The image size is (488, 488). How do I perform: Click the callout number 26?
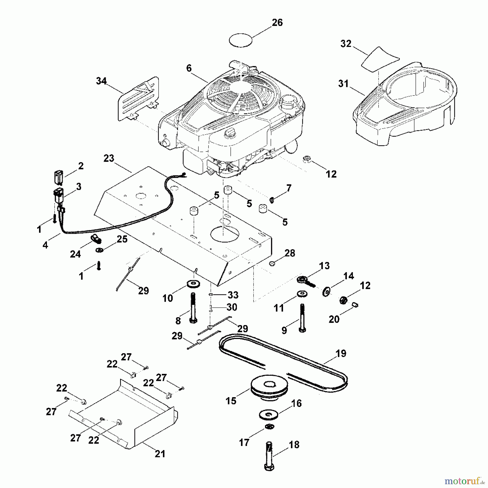277,23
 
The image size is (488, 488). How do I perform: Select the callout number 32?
346,44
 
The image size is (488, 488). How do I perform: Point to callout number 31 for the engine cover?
343,84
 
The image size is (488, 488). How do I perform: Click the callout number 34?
101,81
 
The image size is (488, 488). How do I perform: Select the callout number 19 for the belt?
341,354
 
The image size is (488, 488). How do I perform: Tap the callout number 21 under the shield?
160,454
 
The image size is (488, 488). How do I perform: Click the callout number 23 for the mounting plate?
109,158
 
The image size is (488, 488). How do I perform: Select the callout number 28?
290,253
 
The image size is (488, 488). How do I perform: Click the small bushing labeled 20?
355,305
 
